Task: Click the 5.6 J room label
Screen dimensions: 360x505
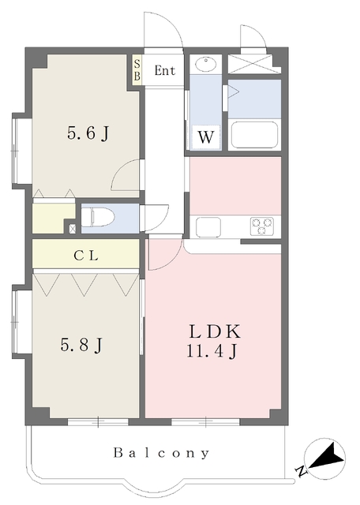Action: point(88,133)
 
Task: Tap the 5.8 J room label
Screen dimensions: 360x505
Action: point(81,345)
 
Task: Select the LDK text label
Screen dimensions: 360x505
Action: point(215,331)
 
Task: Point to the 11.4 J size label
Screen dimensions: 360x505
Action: point(212,351)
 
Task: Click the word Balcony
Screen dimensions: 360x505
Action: point(162,453)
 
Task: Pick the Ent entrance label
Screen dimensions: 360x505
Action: point(165,70)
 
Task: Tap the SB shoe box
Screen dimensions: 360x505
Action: point(137,70)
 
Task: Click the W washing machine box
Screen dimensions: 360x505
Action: point(205,137)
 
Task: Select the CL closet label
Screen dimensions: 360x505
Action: point(86,256)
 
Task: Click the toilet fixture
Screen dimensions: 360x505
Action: point(98,218)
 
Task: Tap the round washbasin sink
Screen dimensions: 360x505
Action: point(205,64)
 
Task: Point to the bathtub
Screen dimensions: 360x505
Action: point(255,135)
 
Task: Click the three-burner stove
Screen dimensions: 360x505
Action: point(261,226)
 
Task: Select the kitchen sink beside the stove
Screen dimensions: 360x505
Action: point(208,227)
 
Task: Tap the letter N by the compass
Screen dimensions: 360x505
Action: point(300,472)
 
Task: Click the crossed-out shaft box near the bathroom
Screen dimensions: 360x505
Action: point(250,64)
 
